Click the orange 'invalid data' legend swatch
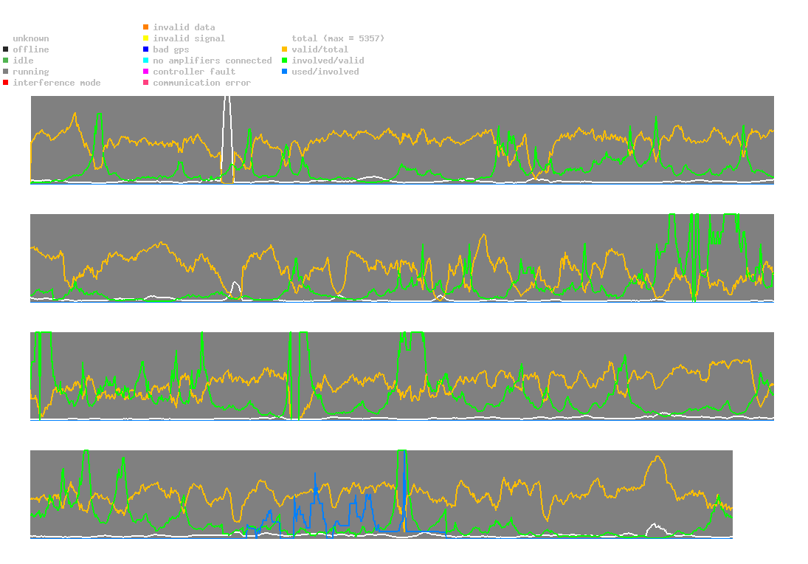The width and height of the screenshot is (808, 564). [145, 27]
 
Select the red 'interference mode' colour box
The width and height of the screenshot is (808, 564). [5, 83]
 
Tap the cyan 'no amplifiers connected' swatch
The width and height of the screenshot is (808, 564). [145, 61]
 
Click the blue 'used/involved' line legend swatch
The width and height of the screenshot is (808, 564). [284, 72]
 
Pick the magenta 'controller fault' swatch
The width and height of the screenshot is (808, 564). [145, 72]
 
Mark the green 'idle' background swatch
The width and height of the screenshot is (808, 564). [5, 61]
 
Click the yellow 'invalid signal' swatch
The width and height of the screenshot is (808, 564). [145, 38]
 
